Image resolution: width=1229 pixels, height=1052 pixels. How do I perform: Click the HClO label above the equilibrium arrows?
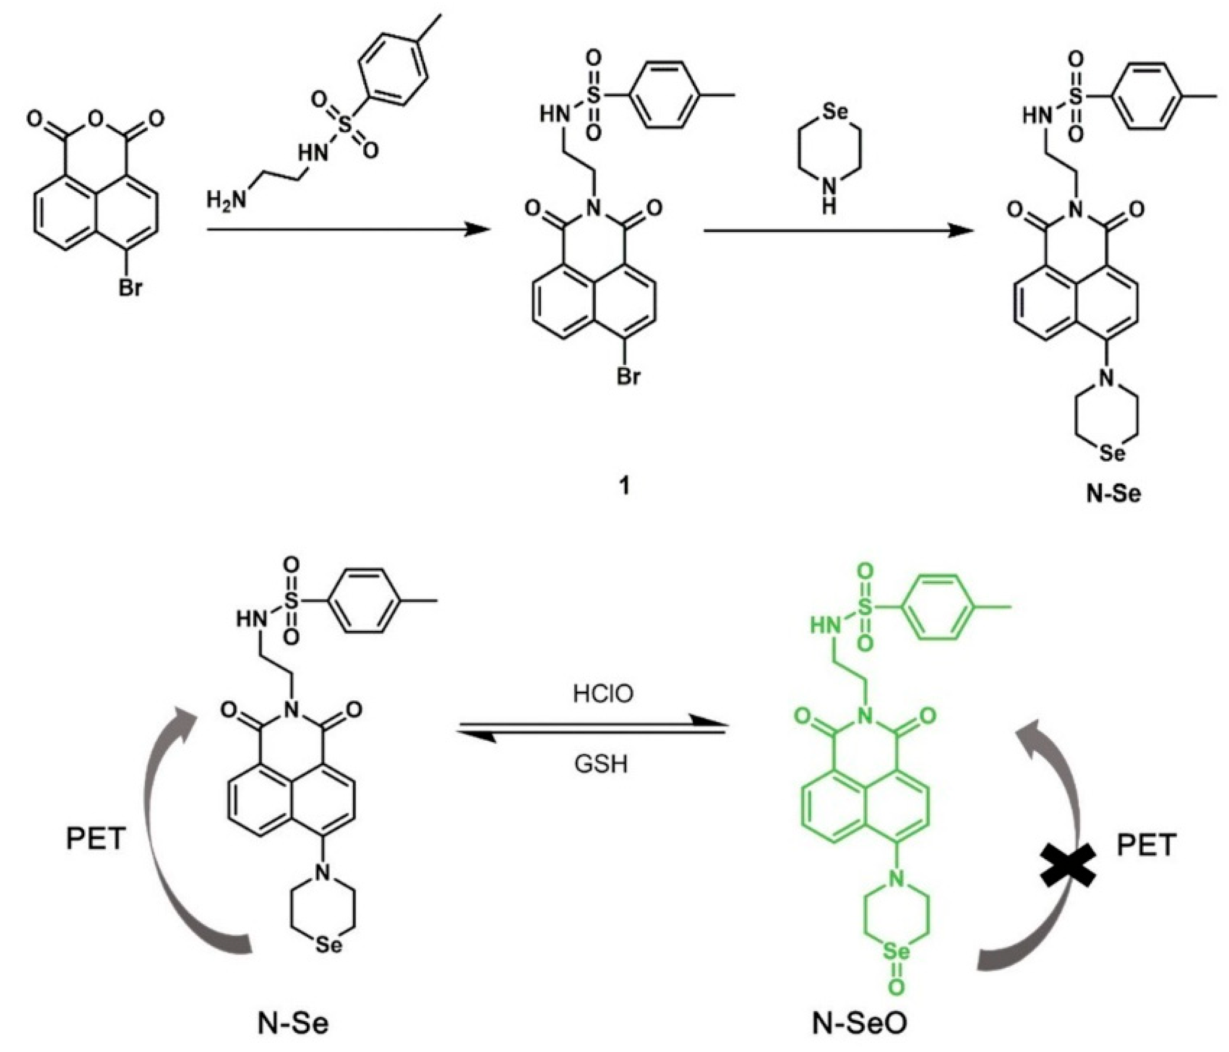(x=602, y=693)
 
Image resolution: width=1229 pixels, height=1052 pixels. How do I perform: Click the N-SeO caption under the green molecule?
(x=860, y=1022)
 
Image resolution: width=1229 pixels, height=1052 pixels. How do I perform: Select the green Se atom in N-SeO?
(x=896, y=953)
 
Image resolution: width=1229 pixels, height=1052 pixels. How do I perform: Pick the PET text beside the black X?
(x=1146, y=845)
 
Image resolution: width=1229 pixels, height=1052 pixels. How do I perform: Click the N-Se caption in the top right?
(x=1113, y=493)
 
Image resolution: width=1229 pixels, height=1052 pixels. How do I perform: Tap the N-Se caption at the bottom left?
(x=293, y=1023)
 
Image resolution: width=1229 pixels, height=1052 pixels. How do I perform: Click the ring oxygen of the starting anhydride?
(x=95, y=121)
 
